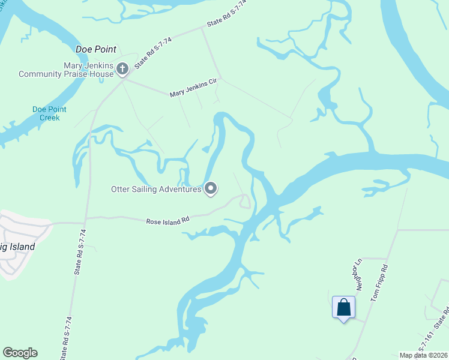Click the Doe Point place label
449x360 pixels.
(x=95, y=49)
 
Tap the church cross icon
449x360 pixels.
(x=122, y=69)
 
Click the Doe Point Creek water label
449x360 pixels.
(x=49, y=113)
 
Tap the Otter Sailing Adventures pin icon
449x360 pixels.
(x=211, y=189)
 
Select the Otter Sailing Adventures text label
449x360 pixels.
(x=156, y=190)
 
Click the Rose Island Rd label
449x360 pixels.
(x=167, y=220)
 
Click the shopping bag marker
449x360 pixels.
(x=343, y=308)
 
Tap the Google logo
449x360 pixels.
(x=20, y=353)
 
